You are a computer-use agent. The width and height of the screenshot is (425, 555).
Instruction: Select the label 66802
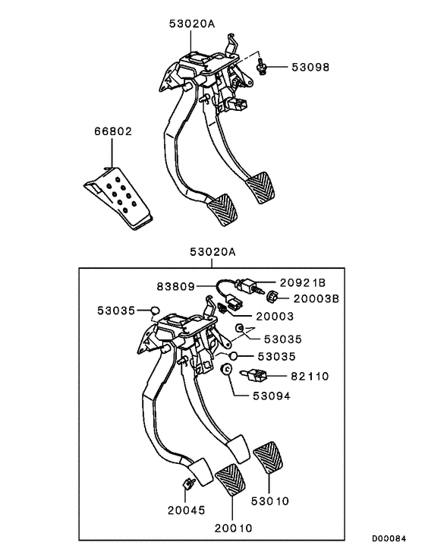click(113, 131)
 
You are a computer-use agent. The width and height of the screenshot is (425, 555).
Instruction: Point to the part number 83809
click(176, 286)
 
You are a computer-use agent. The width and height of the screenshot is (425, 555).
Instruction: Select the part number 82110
click(310, 376)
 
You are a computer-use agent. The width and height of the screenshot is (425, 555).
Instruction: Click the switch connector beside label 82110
click(256, 374)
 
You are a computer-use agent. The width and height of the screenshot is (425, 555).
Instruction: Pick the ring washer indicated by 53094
click(225, 369)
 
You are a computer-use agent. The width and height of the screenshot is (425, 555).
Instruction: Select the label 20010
click(234, 527)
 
